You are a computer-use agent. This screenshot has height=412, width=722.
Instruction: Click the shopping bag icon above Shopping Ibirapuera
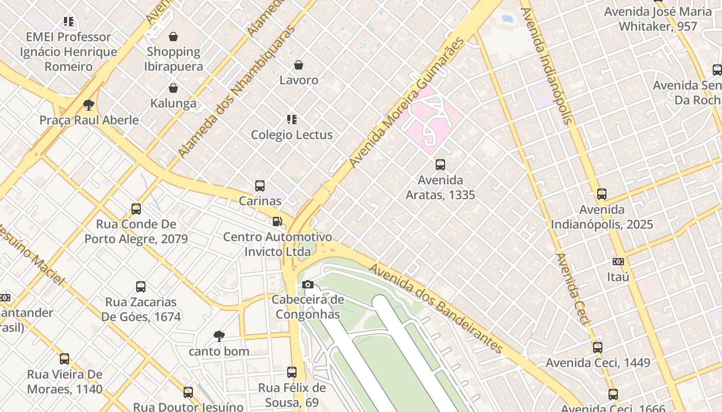point(173,37)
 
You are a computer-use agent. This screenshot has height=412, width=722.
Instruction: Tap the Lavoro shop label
point(299,80)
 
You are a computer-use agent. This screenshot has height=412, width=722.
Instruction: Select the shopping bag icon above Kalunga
point(173,88)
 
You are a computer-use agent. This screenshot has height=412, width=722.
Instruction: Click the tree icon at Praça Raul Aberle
point(89,105)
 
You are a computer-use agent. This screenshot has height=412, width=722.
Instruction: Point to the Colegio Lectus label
point(291,134)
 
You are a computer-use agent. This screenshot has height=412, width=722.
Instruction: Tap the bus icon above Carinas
point(260,186)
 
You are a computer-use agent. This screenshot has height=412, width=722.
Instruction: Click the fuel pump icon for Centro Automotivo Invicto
point(277,222)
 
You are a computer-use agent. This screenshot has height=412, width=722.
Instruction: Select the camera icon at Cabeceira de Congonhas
point(308,285)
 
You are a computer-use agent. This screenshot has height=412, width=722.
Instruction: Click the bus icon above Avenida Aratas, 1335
point(440,165)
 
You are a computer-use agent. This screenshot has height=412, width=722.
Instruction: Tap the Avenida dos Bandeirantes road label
point(436,308)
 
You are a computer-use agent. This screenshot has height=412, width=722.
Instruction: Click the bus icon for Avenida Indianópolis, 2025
point(601,194)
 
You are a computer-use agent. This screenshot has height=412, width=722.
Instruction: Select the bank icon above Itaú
point(618,262)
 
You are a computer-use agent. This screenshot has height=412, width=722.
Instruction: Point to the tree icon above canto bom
point(219,336)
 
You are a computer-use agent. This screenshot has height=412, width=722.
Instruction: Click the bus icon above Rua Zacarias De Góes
point(141,287)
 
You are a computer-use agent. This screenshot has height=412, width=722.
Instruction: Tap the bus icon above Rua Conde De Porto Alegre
point(136,209)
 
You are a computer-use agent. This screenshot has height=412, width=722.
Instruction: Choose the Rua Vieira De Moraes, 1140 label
point(64,382)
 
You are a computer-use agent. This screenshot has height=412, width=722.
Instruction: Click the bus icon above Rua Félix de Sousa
point(292,372)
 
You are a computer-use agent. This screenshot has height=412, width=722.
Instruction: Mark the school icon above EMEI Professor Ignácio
point(69,22)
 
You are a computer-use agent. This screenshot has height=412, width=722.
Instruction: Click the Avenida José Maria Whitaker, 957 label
point(658,19)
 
